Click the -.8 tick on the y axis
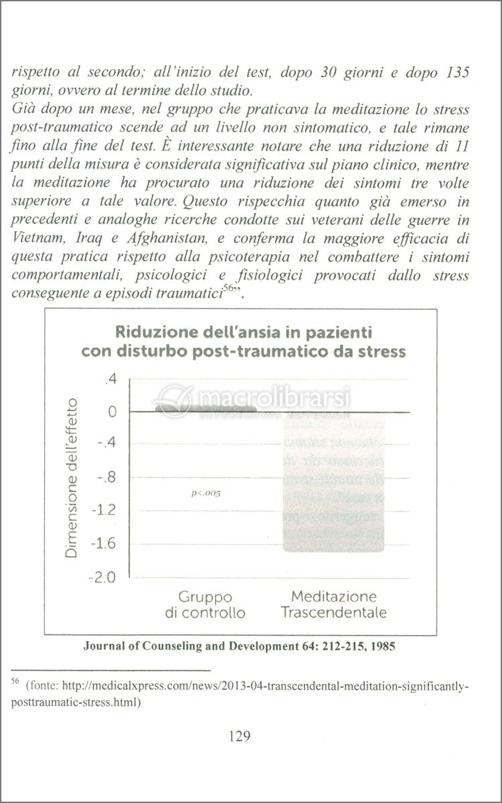click(108, 478)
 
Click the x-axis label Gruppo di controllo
click(205, 604)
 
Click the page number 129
click(239, 737)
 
